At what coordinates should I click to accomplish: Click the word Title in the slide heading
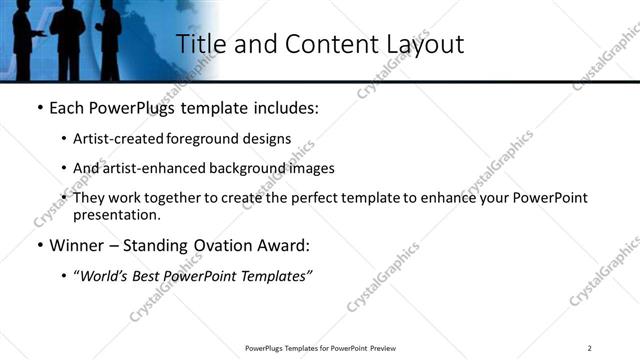200,44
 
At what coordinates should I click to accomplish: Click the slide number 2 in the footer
590,347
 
